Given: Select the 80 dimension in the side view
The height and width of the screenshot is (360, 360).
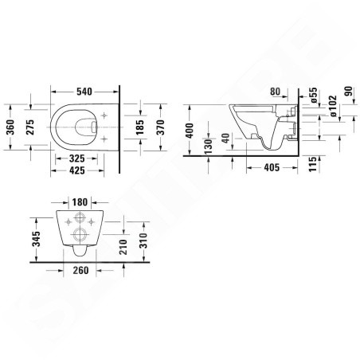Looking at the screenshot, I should click(277, 90).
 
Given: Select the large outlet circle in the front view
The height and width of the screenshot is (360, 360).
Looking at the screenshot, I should click(80, 234).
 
